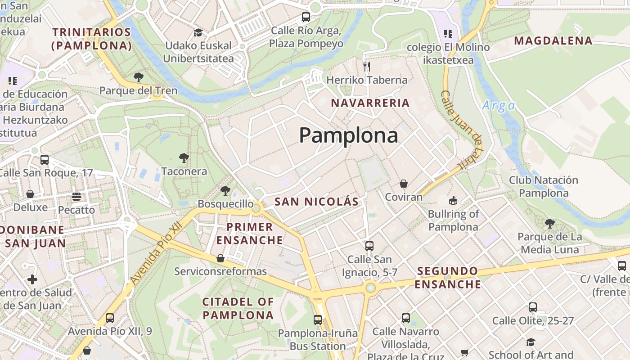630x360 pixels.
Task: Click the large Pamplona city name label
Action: coord(348,135)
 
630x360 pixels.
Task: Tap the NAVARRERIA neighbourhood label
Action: coord(370,103)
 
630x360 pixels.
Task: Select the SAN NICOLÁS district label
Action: coord(316,202)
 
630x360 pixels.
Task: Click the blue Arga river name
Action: coord(498,106)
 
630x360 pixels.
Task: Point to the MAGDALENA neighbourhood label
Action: coord(553,40)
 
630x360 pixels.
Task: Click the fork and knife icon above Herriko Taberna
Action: coord(367,67)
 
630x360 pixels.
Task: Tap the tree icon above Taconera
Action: coord(184,158)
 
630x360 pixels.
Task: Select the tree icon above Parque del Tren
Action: coord(139,77)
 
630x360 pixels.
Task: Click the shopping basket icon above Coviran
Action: coord(404,184)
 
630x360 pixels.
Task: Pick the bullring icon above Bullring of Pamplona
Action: coord(453,200)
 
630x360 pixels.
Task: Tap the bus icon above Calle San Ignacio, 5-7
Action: coord(369,246)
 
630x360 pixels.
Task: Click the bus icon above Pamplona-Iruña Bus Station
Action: coord(318,320)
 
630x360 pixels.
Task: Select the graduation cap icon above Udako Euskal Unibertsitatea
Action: coord(198,32)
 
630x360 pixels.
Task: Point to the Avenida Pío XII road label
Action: coord(157,253)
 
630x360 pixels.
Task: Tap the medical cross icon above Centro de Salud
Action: coord(32,279)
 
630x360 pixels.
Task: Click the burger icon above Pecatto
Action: coord(76,197)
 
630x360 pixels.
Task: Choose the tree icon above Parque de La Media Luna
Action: coord(549,223)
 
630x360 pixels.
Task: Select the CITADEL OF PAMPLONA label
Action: coord(238,308)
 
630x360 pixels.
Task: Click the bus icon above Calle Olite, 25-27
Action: coord(533,307)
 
